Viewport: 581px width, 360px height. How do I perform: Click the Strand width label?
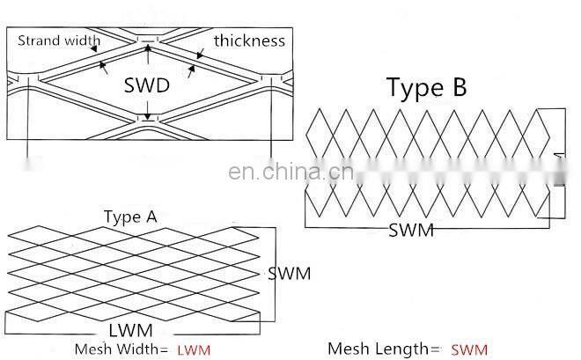tap(59, 40)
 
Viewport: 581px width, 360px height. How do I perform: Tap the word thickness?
tap(248, 40)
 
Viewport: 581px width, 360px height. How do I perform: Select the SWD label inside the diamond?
tap(147, 87)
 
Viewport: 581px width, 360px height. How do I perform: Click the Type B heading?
tap(426, 86)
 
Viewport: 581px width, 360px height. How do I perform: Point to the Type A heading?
tap(130, 217)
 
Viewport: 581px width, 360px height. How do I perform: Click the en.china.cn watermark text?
tap(290, 172)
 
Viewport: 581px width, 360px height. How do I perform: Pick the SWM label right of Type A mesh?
tap(289, 273)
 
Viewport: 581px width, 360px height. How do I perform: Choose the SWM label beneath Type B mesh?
tap(411, 230)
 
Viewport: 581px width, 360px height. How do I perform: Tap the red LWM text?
tap(194, 350)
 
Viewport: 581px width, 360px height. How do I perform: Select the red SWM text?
tap(468, 349)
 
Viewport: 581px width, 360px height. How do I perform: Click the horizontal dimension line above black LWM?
tap(132, 320)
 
